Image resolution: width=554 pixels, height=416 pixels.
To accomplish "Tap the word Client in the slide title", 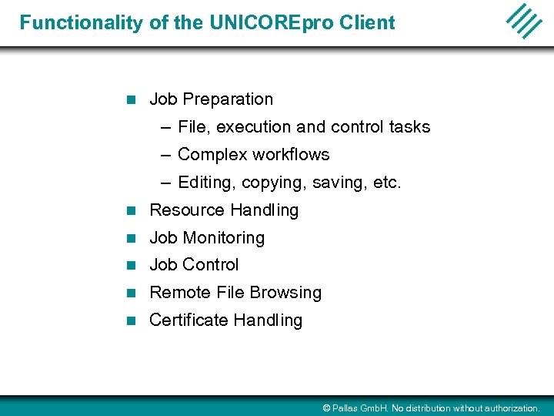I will [x=365, y=22].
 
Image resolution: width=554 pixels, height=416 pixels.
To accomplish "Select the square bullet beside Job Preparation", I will [x=131, y=100].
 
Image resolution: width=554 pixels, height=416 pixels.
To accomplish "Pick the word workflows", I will [x=289, y=155].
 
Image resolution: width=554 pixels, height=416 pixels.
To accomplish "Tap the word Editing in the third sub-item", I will [x=206, y=183].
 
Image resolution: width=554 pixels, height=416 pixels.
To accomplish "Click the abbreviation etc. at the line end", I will [x=386, y=183].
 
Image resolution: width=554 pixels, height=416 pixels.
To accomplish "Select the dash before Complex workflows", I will [x=167, y=155].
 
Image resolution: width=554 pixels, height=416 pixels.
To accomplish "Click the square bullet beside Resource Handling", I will [x=131, y=210].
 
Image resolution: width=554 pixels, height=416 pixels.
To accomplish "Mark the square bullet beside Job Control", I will [x=131, y=266].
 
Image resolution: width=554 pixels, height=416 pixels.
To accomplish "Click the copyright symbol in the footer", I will [x=326, y=408].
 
